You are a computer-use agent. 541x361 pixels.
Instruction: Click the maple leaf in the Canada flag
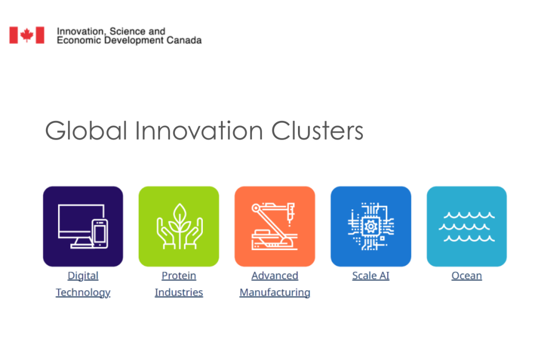tap(26, 35)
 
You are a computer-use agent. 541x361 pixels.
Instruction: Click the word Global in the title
tap(86, 131)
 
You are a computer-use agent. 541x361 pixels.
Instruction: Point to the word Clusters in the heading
tap(318, 131)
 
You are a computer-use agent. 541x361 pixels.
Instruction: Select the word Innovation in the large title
tap(199, 131)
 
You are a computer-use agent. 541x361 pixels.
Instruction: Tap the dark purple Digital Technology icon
tap(83, 226)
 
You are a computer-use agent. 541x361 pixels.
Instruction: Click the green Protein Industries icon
tap(179, 226)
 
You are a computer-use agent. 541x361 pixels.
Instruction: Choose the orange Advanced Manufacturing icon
tap(275, 226)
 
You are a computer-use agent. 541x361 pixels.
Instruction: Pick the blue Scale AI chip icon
tap(371, 226)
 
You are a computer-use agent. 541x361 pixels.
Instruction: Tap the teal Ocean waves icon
tap(467, 226)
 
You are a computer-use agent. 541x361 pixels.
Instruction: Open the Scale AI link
tap(371, 276)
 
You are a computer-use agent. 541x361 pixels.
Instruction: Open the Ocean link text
tap(467, 276)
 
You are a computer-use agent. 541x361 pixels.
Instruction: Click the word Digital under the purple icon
tap(83, 276)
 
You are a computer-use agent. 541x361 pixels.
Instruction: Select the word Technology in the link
tap(83, 293)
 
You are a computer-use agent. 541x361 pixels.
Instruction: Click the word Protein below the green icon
tap(179, 276)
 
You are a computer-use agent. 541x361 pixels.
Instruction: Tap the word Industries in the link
tap(179, 292)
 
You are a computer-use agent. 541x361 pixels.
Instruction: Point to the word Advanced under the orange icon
tap(275, 276)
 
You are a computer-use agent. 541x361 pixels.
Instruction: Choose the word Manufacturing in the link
tap(275, 293)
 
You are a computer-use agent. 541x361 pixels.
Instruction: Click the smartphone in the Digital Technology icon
tap(100, 234)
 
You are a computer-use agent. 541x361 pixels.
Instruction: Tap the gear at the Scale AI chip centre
tap(371, 227)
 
